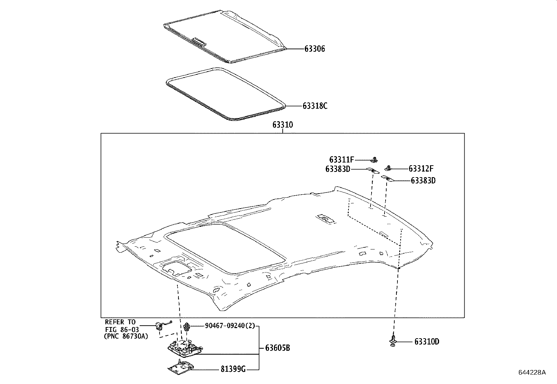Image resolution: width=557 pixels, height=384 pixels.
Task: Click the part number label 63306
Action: (x=314, y=49)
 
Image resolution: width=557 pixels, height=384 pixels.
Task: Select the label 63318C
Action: (x=315, y=106)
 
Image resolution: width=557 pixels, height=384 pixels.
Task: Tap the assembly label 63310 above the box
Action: (x=283, y=125)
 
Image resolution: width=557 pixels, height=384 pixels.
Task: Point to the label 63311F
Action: (x=341, y=160)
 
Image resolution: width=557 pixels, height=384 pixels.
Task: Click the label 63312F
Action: (x=421, y=169)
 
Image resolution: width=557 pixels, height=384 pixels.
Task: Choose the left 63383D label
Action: (x=338, y=169)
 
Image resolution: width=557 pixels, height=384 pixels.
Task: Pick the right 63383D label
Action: (x=423, y=181)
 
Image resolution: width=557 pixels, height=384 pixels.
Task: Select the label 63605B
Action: (x=277, y=348)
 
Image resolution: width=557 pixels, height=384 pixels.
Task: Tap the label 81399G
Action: (x=233, y=369)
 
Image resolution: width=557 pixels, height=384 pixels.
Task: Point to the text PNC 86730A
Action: (x=126, y=336)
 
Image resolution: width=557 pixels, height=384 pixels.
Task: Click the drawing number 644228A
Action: (x=532, y=372)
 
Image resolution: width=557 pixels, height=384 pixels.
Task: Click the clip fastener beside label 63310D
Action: (x=394, y=341)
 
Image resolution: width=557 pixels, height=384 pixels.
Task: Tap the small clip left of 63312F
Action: (x=388, y=168)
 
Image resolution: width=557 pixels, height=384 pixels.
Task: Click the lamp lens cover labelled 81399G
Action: (x=181, y=368)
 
